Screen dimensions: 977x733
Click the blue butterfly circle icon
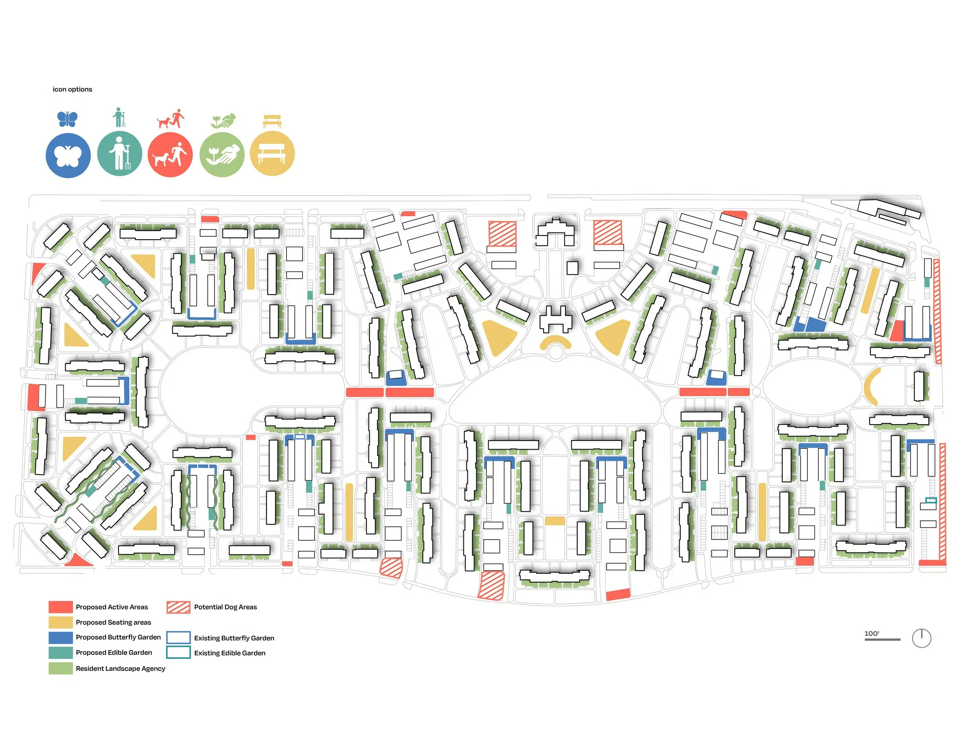tap(68, 156)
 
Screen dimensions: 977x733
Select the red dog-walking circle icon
tap(170, 155)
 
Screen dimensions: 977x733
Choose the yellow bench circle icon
tap(272, 153)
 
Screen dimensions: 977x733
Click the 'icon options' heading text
tap(72, 89)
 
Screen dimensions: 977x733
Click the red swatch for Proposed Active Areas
tap(61, 607)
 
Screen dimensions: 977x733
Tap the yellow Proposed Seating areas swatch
tap(61, 622)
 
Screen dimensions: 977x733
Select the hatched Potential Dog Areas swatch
tap(179, 608)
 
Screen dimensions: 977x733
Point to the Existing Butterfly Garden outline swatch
tap(179, 637)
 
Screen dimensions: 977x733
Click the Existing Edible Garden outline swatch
tap(179, 652)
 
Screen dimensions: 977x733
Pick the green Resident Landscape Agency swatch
tap(61, 668)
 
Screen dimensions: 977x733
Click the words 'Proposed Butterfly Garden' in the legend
tap(118, 637)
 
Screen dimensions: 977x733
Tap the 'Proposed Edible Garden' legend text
tap(114, 652)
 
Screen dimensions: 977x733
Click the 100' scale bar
tap(882, 639)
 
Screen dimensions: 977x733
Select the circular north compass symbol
tap(922, 638)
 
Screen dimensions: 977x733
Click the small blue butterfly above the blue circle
tap(68, 119)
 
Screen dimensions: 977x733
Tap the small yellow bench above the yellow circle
tap(272, 121)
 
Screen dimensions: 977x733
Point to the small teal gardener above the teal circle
tap(119, 117)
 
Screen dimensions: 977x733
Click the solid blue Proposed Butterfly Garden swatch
tap(61, 638)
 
